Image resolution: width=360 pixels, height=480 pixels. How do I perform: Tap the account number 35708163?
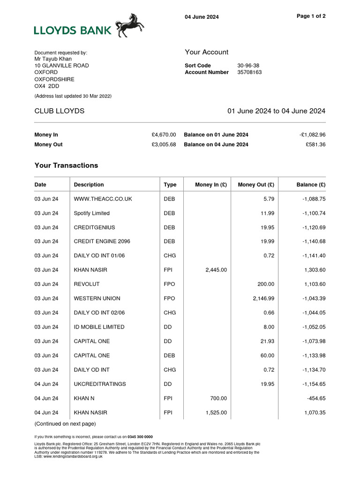tap(249, 73)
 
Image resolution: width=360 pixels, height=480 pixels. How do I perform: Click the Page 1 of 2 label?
tap(311, 16)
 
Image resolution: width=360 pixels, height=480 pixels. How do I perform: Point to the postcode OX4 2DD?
tap(47, 87)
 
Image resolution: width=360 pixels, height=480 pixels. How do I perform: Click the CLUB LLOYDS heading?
tap(60, 111)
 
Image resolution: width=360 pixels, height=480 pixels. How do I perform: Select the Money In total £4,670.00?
tap(164, 135)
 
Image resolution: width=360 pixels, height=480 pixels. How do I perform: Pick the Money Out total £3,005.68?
tap(164, 145)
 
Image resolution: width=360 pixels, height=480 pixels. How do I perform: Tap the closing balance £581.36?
tap(315, 145)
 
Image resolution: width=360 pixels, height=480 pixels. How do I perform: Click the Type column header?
tap(170, 185)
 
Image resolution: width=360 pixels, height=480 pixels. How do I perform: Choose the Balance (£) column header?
tap(311, 185)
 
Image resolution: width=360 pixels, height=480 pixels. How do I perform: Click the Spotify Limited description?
tap(92, 213)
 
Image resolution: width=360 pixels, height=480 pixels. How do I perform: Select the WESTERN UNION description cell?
tap(97, 299)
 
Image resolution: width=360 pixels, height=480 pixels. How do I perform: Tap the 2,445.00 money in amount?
tap(216, 270)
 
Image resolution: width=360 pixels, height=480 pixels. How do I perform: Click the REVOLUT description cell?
tap(87, 285)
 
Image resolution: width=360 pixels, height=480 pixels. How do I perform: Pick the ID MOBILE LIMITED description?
tap(99, 327)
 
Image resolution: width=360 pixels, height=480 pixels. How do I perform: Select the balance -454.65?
tap(315, 398)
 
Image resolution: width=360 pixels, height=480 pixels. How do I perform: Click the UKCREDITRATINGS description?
tap(100, 384)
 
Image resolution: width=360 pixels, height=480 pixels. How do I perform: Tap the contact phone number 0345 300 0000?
tap(140, 437)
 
